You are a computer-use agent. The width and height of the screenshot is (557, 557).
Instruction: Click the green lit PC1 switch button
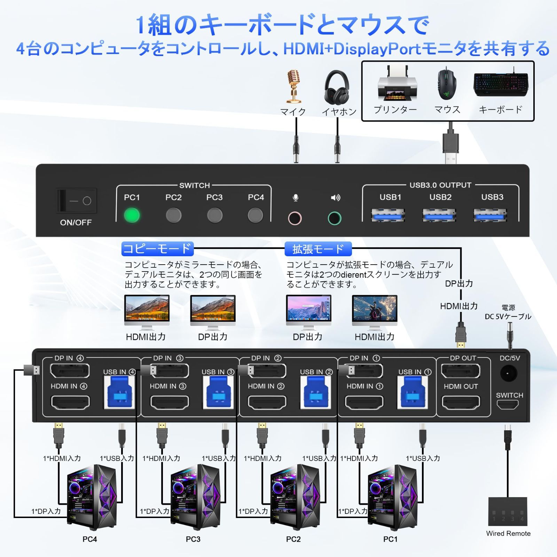[x=132, y=215]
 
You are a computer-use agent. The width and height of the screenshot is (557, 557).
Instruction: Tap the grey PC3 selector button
[x=214, y=215]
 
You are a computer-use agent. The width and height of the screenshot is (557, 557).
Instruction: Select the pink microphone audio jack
[x=295, y=218]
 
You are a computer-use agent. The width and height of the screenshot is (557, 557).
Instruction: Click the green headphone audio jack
[x=335, y=218]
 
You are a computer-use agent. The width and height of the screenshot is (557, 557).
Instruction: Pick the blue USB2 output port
[x=439, y=215]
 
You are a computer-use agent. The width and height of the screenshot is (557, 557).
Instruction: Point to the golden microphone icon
[x=294, y=86]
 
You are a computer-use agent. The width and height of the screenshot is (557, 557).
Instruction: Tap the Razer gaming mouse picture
[x=447, y=84]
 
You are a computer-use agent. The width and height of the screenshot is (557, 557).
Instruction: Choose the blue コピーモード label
[x=157, y=249]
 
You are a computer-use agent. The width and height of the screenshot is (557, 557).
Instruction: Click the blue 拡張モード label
[x=318, y=249]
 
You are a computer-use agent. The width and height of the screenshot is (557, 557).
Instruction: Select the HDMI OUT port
[x=461, y=403]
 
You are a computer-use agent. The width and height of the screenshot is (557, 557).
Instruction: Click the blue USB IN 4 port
[x=119, y=392]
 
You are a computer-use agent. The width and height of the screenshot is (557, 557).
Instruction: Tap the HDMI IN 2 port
[x=267, y=403]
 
